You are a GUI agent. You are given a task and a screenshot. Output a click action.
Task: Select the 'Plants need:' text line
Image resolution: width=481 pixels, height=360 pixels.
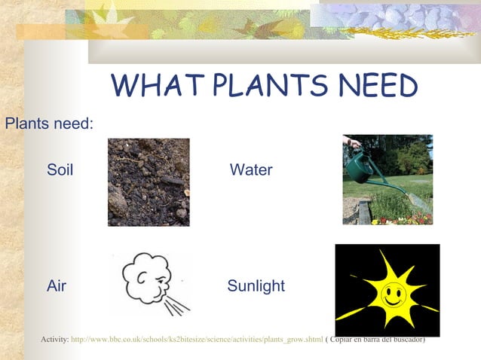click(x=49, y=123)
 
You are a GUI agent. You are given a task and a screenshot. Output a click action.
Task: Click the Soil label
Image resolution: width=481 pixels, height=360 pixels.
click(x=60, y=170)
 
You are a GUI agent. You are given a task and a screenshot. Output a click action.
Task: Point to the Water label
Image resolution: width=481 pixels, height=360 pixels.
click(x=251, y=170)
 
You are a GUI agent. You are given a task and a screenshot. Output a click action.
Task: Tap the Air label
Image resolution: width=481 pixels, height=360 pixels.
click(x=57, y=286)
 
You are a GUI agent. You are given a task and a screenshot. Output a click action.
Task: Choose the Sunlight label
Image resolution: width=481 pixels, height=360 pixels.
click(x=256, y=286)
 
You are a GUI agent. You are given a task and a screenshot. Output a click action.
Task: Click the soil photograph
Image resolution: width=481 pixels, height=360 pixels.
click(x=149, y=182)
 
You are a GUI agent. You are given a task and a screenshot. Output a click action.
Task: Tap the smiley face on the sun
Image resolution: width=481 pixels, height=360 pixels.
click(x=391, y=293)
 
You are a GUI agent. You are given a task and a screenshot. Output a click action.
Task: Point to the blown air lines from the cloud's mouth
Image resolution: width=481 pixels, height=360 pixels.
click(x=178, y=304)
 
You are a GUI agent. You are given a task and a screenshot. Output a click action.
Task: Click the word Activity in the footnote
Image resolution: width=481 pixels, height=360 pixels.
click(x=53, y=340)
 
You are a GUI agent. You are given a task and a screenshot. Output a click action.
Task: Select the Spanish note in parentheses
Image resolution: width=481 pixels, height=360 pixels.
click(x=375, y=340)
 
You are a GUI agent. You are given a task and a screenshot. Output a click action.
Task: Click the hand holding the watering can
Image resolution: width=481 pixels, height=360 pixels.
click(x=351, y=142)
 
